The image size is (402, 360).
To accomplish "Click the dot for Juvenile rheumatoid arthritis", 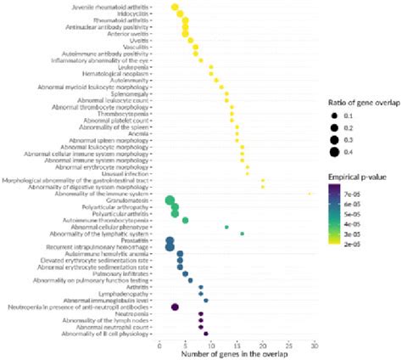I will pyautogui.click(x=176, y=8).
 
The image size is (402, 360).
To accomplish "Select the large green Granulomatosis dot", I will pyautogui.click(x=170, y=200).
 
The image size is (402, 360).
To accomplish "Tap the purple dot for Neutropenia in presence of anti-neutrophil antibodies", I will pyautogui.click(x=176, y=307).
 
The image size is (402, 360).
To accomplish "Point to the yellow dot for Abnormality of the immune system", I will pyautogui.click(x=310, y=194).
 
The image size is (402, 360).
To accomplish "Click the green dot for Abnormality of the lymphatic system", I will pyautogui.click(x=243, y=233).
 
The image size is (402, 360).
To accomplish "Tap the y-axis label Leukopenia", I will pyautogui.click(x=131, y=67).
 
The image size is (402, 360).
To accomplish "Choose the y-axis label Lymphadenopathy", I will pyautogui.click(x=126, y=294).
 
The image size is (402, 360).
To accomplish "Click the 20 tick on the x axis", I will pyautogui.click(x=263, y=346).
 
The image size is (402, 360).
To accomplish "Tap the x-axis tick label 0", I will pyautogui.click(x=160, y=346).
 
